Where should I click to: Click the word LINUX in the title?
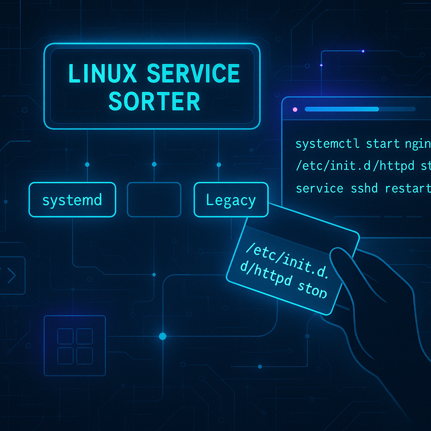pos(102,74)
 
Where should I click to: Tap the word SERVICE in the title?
pos(193,74)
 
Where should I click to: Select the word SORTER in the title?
pos(154,101)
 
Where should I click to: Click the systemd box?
pos(72,200)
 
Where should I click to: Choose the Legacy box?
pos(231,200)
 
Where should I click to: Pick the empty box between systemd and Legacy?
pos(154,200)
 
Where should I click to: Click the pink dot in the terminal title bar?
pos(295,109)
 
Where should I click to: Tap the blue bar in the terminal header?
pos(341,109)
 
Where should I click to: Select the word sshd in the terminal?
pos(365,188)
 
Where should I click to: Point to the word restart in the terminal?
pos(407,188)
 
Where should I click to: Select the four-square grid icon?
pos(74,346)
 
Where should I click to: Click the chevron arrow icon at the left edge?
pos(11,276)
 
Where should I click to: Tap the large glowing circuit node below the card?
pos(162,336)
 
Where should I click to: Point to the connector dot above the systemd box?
pos(87,164)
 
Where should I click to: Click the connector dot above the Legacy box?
pos(218,164)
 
